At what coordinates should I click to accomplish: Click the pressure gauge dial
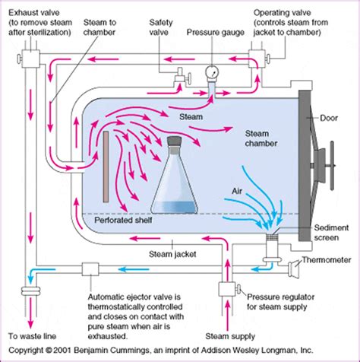(210, 74)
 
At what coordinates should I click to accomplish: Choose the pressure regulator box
(225, 288)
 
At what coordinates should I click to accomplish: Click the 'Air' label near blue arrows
(238, 192)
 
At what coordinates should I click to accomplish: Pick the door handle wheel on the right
(332, 163)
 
